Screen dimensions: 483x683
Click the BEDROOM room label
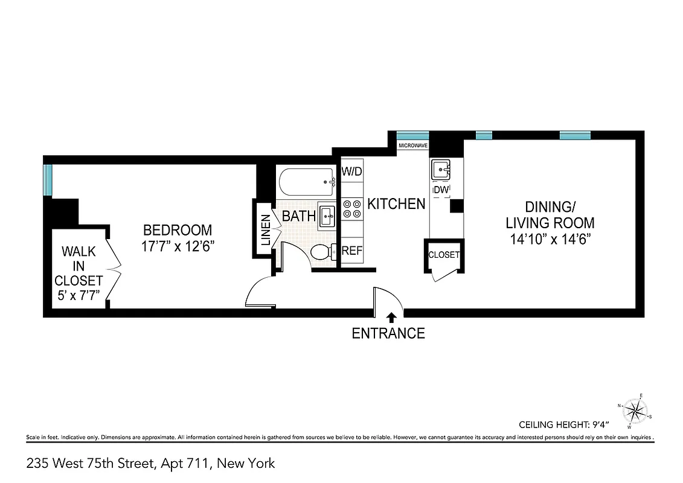178,230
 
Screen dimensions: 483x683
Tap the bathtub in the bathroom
307,181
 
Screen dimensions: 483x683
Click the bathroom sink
327,216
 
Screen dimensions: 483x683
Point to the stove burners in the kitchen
351,209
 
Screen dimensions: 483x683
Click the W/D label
351,172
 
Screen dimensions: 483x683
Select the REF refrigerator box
351,251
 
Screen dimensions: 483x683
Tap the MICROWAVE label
413,146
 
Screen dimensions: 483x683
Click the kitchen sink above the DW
441,169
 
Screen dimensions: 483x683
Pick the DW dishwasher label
441,190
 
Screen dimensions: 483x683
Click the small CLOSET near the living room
444,255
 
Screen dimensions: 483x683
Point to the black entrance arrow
391,316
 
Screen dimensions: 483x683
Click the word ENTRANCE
388,333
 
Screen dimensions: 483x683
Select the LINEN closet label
265,230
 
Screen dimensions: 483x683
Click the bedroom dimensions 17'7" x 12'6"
178,246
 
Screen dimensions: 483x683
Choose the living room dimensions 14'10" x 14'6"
550,238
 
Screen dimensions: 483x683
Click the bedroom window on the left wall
47,180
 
